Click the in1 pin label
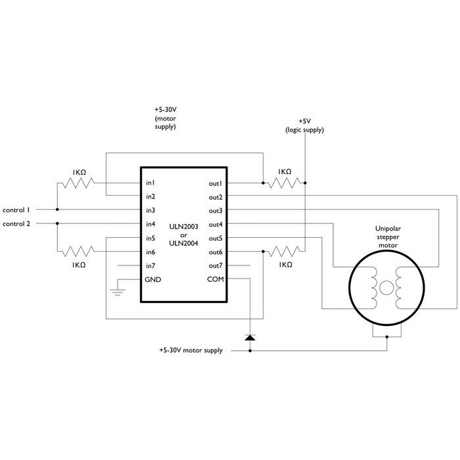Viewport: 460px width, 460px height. click(150, 183)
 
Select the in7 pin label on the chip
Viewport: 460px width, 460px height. click(150, 265)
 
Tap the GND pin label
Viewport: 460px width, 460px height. click(153, 279)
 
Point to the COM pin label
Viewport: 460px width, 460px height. click(216, 279)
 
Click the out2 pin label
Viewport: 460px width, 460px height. click(216, 197)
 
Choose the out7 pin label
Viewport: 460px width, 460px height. click(216, 265)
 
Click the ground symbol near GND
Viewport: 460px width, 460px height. click(118, 292)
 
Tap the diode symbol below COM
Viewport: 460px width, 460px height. click(250, 337)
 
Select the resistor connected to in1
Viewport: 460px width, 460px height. click(79, 183)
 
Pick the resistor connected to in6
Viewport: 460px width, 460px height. click(79, 252)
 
